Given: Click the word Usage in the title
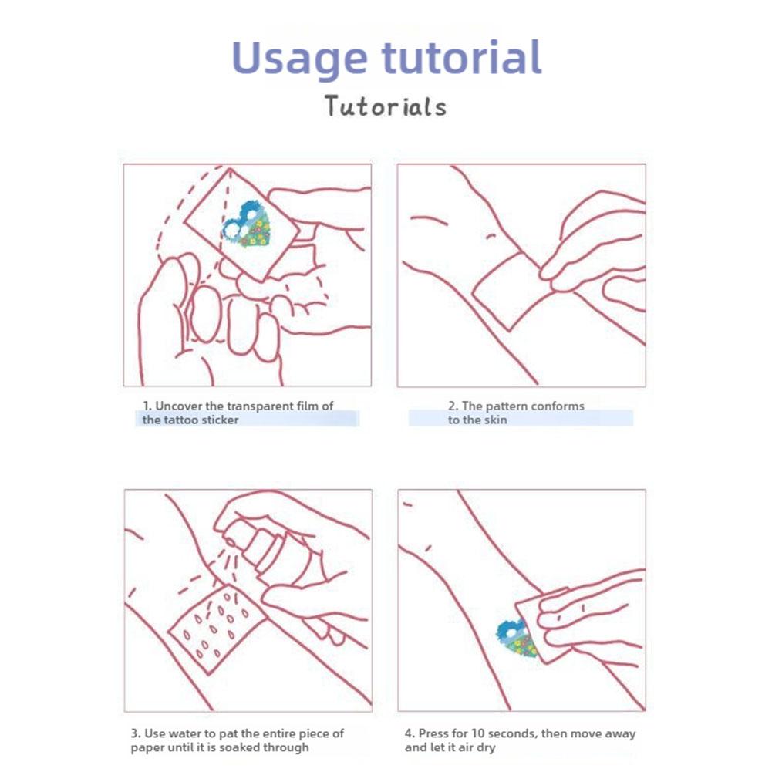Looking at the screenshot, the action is tap(299, 59).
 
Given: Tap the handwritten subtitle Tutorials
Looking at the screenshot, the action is tap(386, 106).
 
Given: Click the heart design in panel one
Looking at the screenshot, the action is tap(247, 224).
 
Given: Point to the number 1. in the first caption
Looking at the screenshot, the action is tap(147, 406).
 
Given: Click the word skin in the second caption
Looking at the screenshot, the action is tap(496, 420).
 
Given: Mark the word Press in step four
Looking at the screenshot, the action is tap(433, 733).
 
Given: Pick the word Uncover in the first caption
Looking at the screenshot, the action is tap(178, 406).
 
